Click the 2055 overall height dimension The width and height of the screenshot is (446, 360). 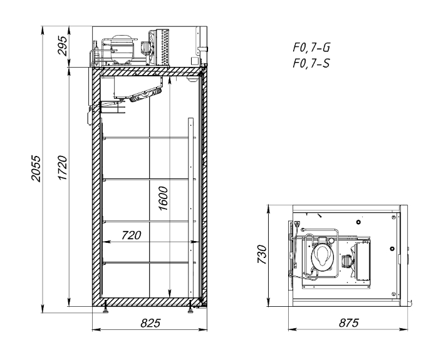36,168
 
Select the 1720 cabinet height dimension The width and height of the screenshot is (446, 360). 62,168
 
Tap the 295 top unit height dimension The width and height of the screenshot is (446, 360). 62,46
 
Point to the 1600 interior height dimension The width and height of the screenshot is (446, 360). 163,198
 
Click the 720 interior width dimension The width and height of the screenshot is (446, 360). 132,235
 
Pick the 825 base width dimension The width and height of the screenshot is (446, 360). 150,323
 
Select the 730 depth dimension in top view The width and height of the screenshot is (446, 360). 262,254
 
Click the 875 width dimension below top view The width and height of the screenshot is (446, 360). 349,323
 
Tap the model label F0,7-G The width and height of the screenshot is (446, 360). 311,48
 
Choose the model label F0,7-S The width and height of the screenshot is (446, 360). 311,63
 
